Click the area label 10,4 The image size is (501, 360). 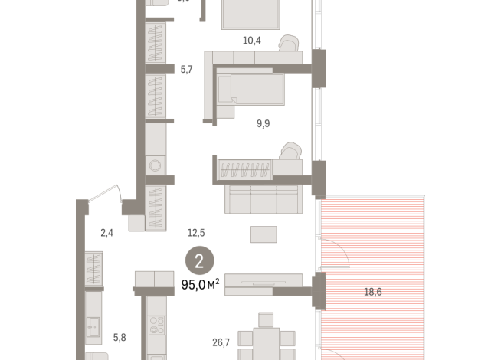(252, 40)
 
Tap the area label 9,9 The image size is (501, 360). (263, 123)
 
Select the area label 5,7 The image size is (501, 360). (186, 70)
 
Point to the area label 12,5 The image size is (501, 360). (196, 232)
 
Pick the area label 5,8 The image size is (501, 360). (120, 336)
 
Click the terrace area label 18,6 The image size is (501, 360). (372, 292)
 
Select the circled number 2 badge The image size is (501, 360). (199, 262)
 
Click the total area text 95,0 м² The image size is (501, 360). (200, 284)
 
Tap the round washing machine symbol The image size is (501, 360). (156, 165)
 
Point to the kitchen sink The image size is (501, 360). (94, 328)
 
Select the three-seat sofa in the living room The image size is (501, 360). (261, 199)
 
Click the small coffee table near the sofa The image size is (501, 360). (264, 234)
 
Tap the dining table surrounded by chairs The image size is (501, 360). (265, 341)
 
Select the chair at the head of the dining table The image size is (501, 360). (265, 319)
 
